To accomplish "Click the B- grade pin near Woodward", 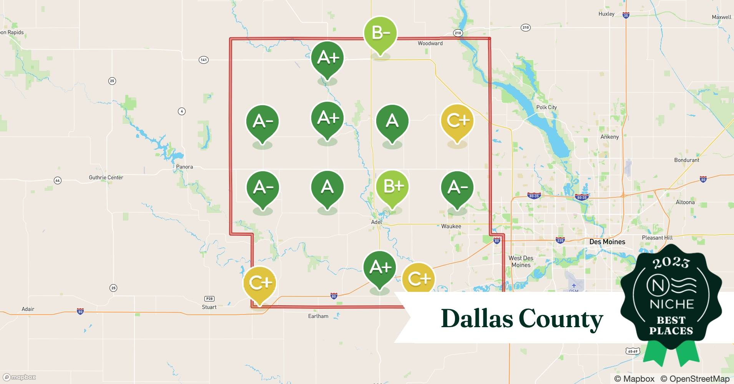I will [380, 34].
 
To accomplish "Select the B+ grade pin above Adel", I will [392, 187].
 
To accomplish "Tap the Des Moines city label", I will [607, 242].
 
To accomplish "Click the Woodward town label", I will [430, 43].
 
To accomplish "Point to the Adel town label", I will [377, 222].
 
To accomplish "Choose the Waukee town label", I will [451, 226].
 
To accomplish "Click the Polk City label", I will [546, 107].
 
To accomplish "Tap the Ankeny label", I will [609, 137].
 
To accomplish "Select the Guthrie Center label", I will [106, 177].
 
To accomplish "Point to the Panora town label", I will [184, 167].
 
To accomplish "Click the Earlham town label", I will [318, 316].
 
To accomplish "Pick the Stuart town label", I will [209, 307].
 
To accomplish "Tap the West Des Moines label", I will [521, 262].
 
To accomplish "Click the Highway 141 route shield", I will [204, 60].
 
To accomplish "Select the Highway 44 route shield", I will [58, 180].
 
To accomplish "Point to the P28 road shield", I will [209, 299].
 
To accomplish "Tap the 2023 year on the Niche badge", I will [671, 263].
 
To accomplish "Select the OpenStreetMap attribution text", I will [695, 379].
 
